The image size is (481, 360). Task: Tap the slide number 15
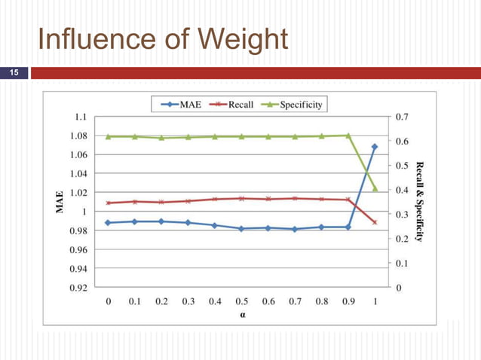13,74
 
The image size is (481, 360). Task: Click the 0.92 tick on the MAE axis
76,288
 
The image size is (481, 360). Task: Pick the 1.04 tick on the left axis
76,174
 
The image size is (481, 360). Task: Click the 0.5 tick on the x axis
241,301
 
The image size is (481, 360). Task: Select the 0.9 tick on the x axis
348,301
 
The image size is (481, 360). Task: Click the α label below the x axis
242,316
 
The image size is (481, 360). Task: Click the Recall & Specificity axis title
419,202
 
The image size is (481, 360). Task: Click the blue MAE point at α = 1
375,147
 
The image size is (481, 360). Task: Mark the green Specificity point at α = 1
375,188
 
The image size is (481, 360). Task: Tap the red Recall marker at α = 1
375,222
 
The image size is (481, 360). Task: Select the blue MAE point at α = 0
108,223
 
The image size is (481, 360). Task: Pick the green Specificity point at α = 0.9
348,136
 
